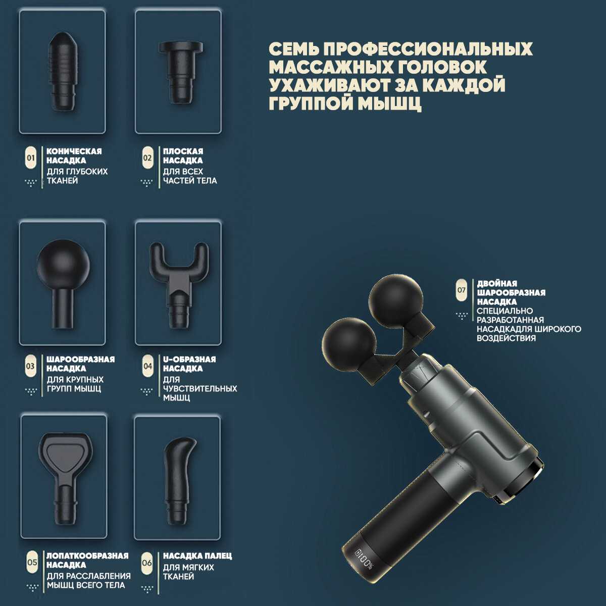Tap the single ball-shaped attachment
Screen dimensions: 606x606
(63, 283)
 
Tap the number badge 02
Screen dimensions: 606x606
(147, 158)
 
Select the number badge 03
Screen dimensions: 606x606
(31, 366)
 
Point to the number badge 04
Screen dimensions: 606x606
(147, 366)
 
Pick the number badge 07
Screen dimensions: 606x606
(462, 290)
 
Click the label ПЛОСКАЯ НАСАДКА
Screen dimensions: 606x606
(183, 156)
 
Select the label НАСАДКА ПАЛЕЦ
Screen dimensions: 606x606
(197, 555)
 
